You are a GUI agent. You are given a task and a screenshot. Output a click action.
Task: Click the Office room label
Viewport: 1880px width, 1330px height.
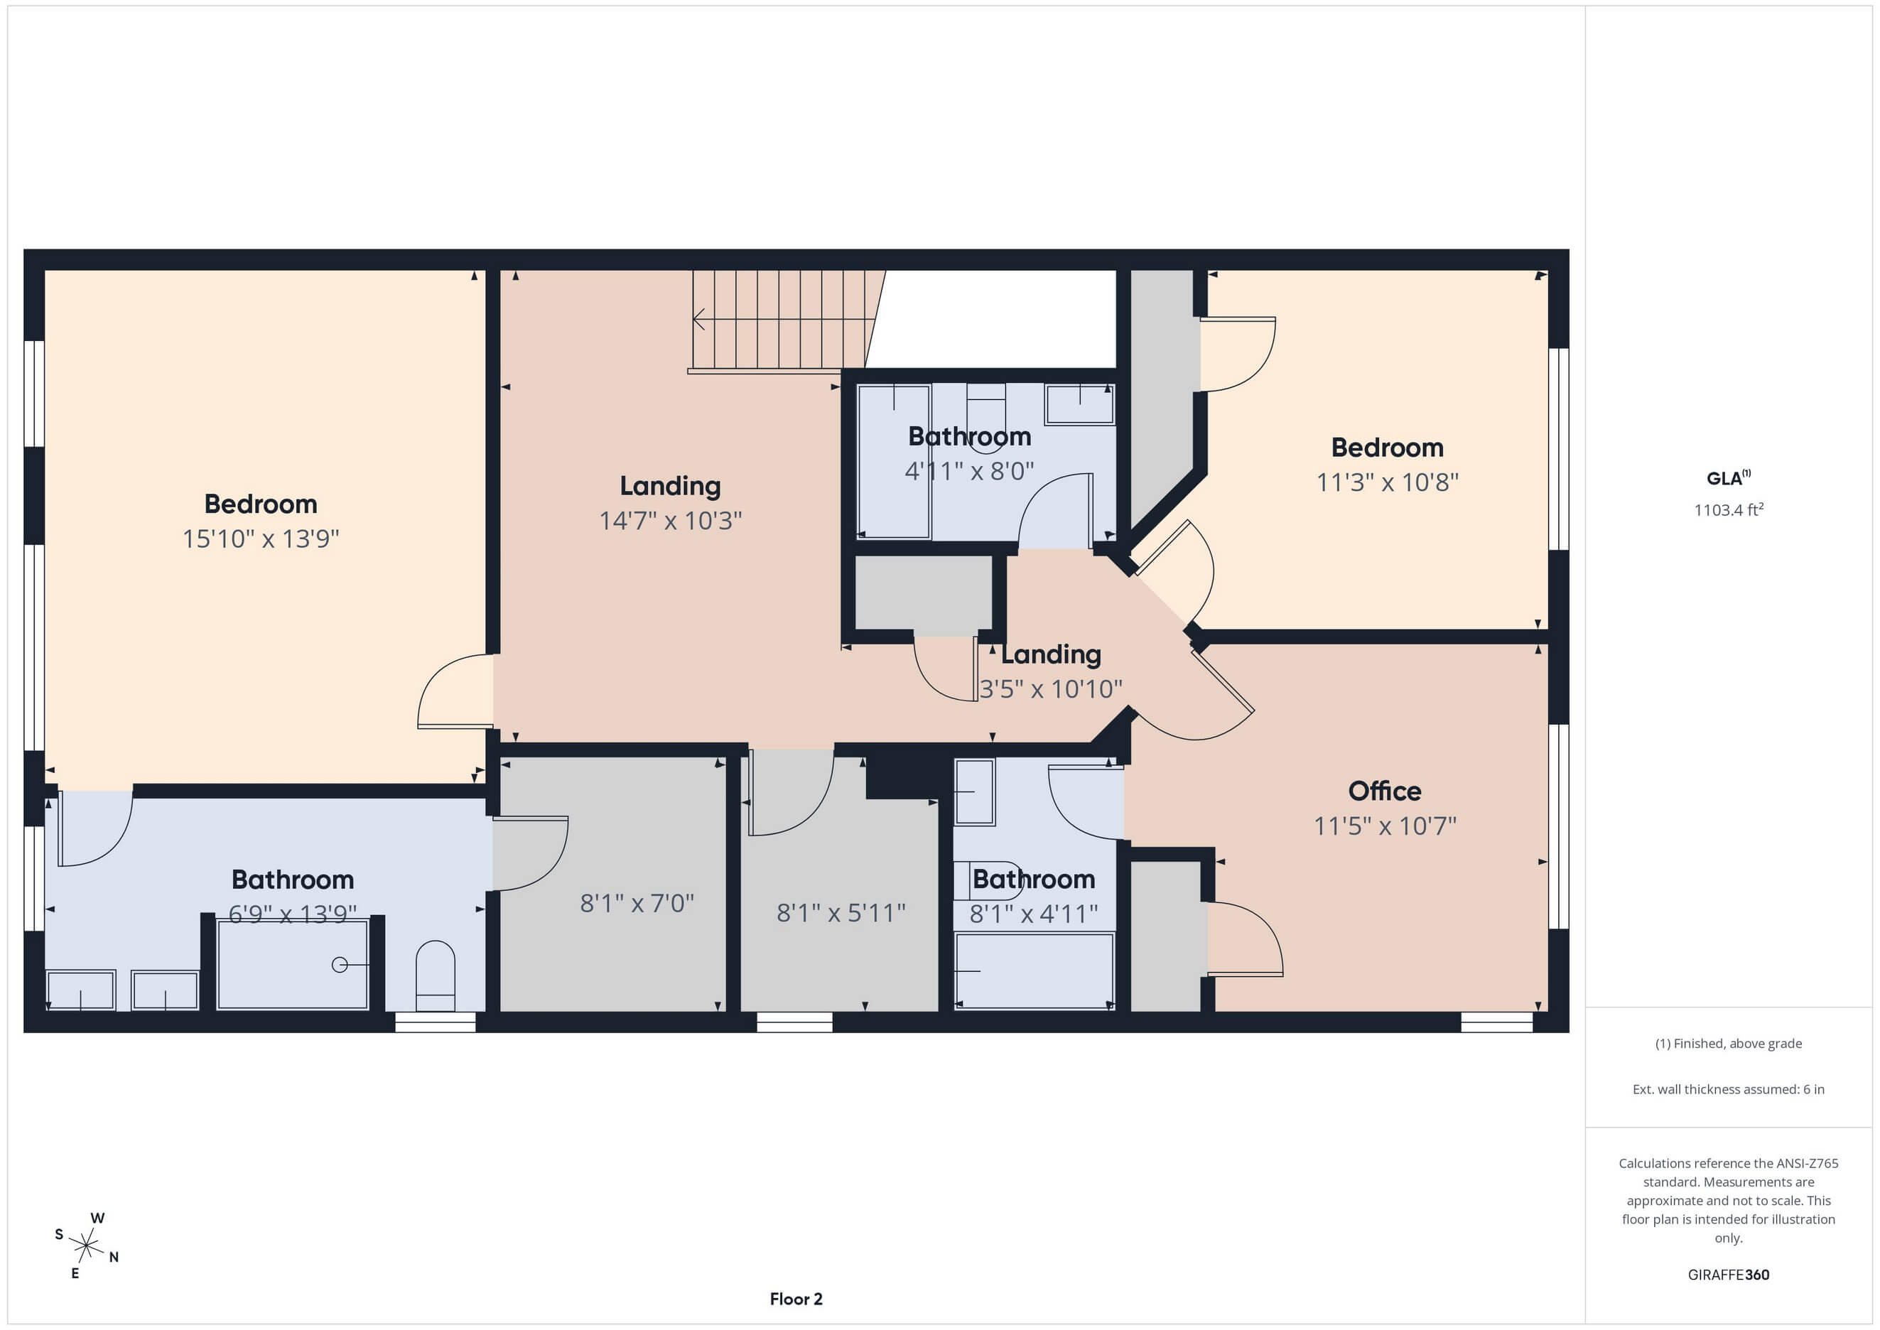click(x=1385, y=791)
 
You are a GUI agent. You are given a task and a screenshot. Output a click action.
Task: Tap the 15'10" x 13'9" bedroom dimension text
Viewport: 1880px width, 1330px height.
click(x=260, y=539)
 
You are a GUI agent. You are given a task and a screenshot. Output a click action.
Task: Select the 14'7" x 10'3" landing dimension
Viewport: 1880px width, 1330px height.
click(x=671, y=521)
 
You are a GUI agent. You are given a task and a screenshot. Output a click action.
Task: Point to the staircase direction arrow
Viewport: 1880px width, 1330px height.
click(x=700, y=318)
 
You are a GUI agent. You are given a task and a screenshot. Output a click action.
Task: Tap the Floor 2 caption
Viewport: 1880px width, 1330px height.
click(x=796, y=1299)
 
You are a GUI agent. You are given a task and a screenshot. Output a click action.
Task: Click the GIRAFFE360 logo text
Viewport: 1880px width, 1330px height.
click(x=1729, y=1275)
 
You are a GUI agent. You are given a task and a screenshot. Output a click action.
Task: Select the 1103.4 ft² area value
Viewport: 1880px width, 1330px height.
click(x=1729, y=509)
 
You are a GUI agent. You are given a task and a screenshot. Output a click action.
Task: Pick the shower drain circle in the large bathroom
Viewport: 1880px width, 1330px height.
click(x=339, y=965)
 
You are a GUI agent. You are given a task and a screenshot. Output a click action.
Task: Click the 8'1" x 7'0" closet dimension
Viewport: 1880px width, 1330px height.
click(x=637, y=903)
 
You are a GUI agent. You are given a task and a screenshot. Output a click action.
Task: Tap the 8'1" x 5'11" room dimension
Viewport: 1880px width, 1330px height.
click(x=841, y=912)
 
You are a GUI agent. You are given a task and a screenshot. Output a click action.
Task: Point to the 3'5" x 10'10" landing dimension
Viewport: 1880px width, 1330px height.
click(x=1051, y=690)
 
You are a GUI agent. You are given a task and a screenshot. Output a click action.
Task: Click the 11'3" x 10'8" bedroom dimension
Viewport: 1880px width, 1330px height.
click(x=1387, y=482)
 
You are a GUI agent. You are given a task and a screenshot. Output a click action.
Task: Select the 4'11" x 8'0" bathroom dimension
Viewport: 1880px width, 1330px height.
click(x=969, y=471)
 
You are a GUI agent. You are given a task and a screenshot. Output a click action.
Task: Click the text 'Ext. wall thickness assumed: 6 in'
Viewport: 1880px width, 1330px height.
click(x=1729, y=1089)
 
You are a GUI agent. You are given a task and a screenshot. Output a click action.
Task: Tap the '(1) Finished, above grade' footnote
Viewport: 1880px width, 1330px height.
click(x=1729, y=1044)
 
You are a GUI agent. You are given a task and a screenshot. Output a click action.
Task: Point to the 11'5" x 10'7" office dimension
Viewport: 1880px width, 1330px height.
click(x=1385, y=826)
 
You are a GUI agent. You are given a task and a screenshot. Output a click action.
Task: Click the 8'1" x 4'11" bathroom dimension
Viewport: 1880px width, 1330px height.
click(x=1033, y=913)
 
